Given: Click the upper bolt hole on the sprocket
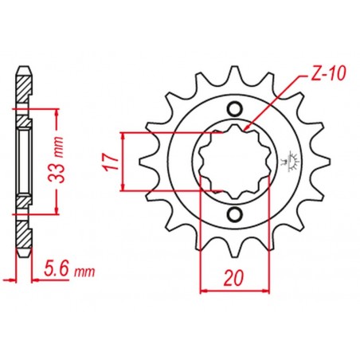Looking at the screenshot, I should [x=235, y=108].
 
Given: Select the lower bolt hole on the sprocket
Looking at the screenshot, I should [x=235, y=215].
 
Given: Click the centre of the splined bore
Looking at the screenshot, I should [x=235, y=162].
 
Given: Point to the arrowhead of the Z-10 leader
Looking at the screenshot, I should [x=248, y=127].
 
